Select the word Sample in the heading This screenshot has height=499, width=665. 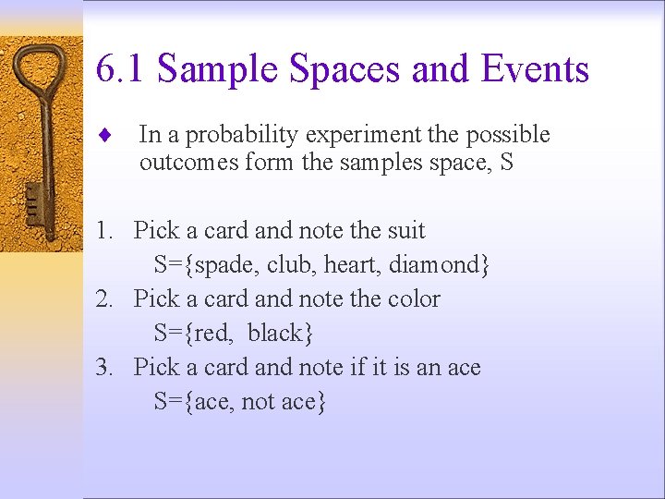tap(218, 69)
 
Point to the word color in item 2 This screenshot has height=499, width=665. tap(412, 298)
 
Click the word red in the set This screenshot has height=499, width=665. tap(213, 333)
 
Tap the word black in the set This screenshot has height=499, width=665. tap(274, 333)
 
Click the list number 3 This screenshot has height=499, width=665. tap(105, 367)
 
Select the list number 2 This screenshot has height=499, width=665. tap(105, 298)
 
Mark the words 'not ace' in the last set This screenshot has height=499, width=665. tap(277, 401)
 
